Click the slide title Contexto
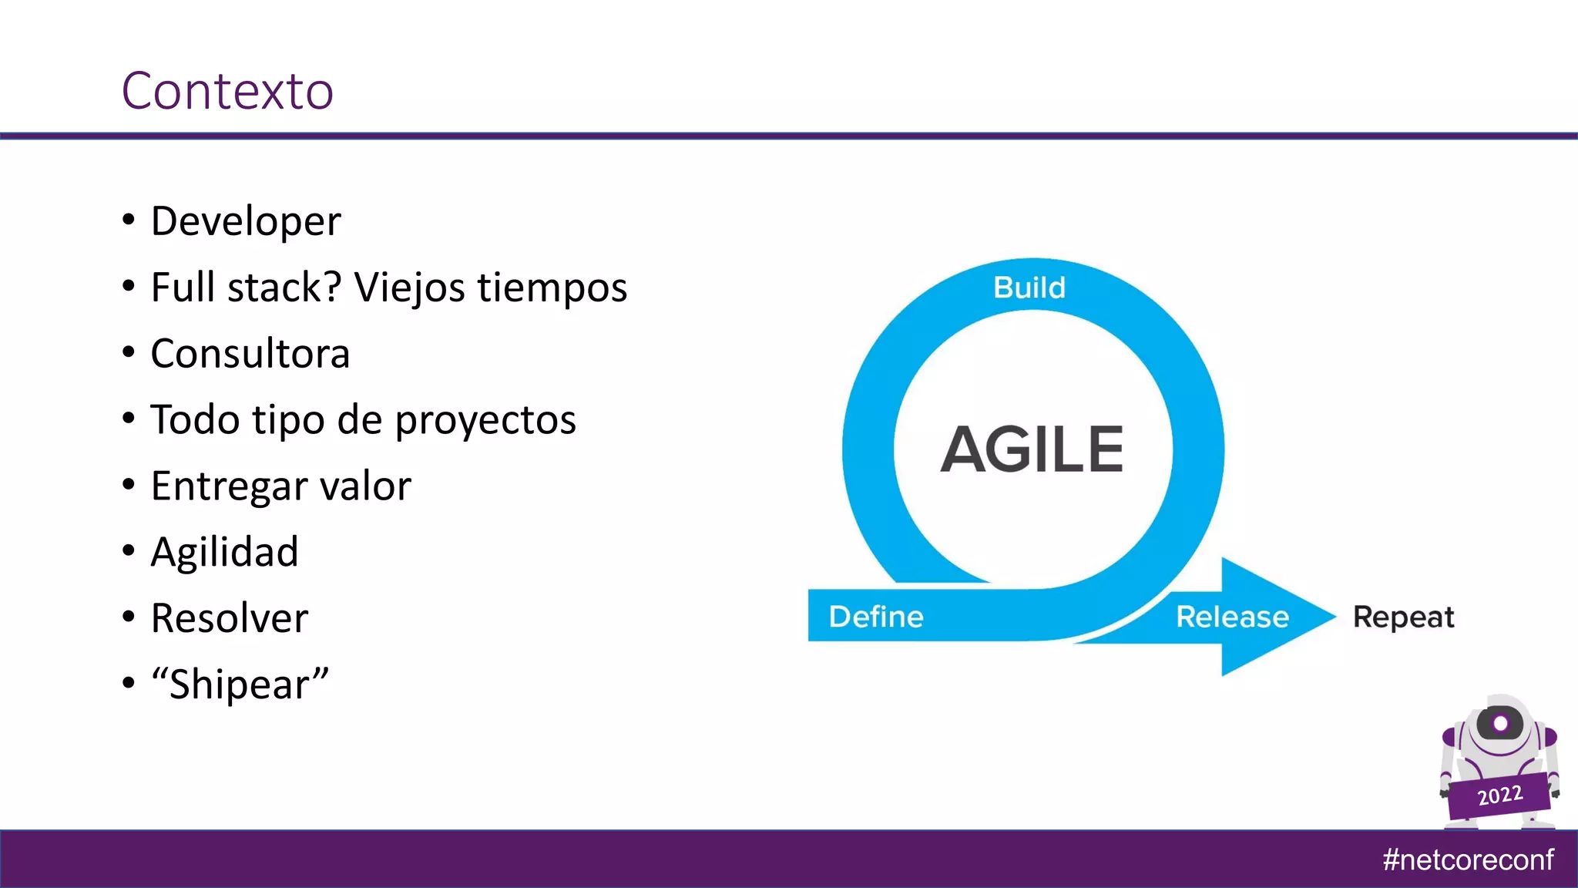pos(227,91)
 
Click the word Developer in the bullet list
pos(245,222)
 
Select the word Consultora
pos(250,354)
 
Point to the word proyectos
pos(485,421)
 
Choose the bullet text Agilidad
pos(224,552)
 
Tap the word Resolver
pos(230,618)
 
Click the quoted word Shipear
pos(240,684)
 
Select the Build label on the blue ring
pos(1029,288)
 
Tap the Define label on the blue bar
pos(876,617)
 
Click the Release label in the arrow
pos(1232,617)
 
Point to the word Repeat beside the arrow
pos(1403,617)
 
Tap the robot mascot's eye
pos(1499,723)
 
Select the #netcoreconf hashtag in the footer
pos(1468,859)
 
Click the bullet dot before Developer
pos(129,220)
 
